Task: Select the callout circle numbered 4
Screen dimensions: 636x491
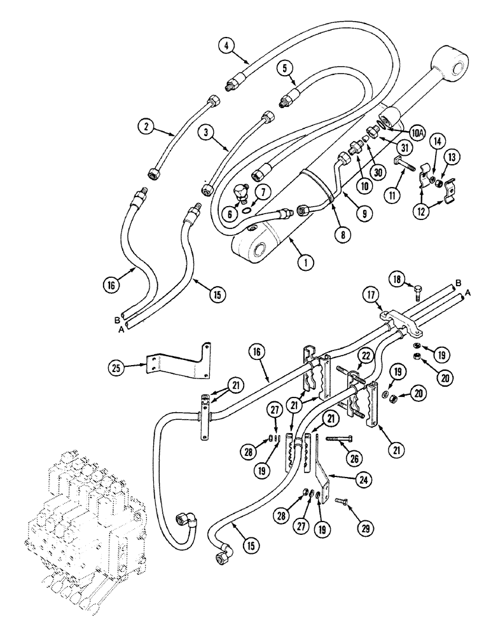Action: (226, 45)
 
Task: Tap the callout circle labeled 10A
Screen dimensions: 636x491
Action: (416, 132)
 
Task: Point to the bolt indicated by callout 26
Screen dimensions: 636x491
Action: (342, 438)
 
